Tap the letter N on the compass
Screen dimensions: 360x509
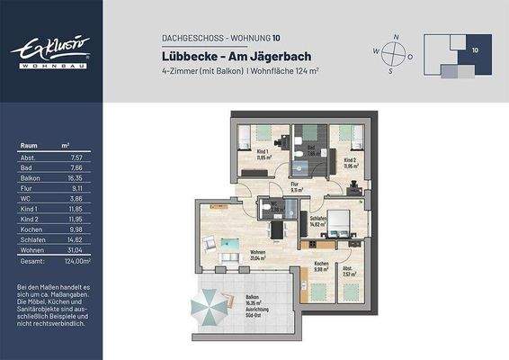tap(395, 37)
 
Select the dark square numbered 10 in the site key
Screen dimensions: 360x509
tap(474, 51)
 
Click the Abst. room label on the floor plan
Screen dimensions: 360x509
tap(347, 269)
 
